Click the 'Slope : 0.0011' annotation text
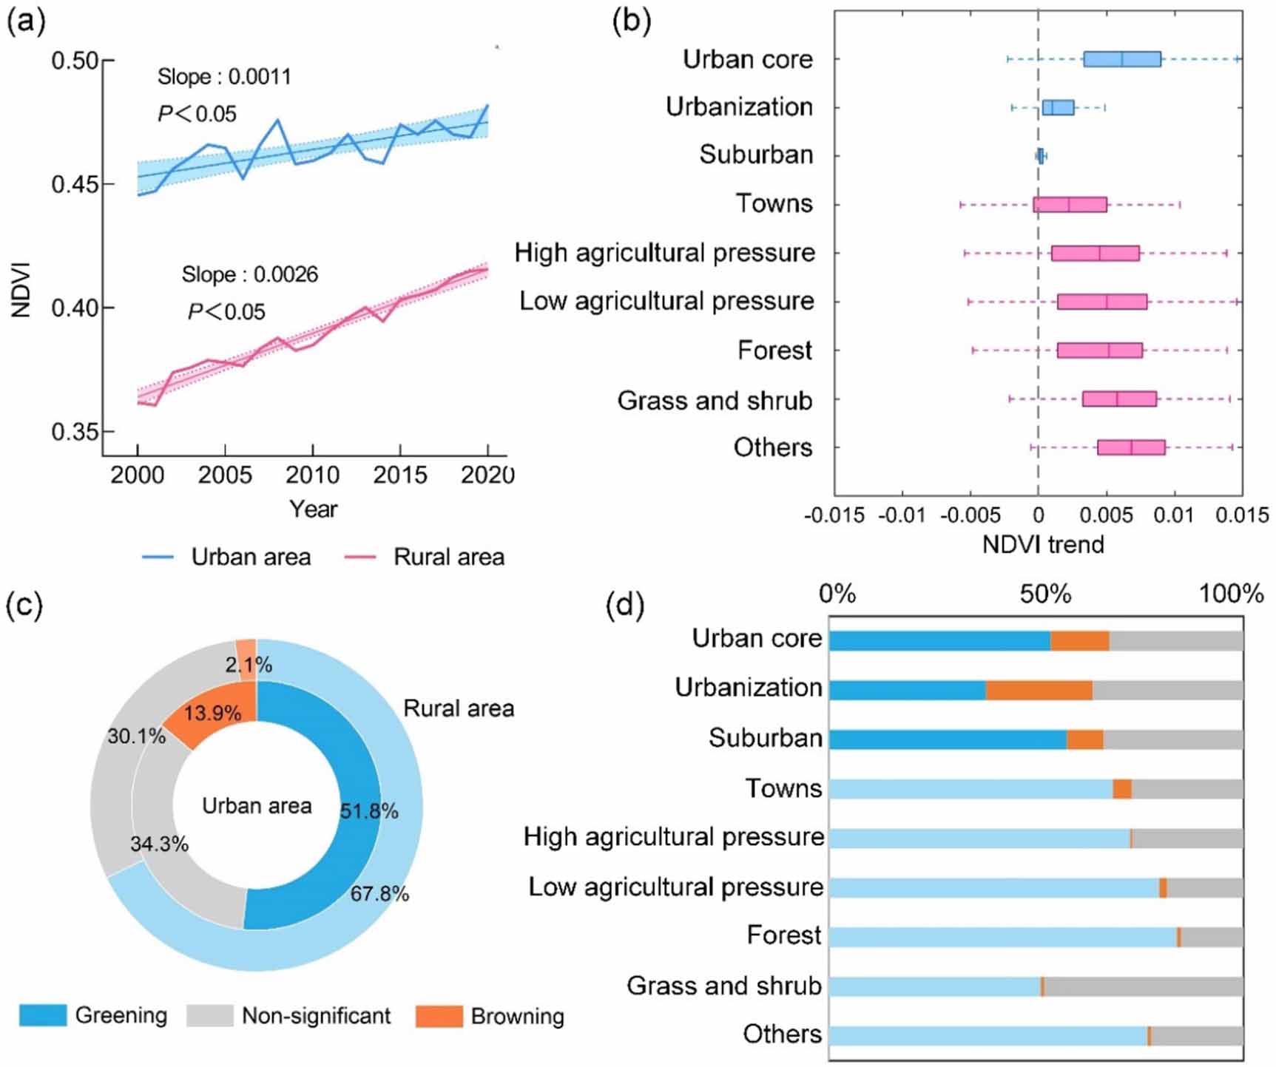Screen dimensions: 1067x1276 point(224,77)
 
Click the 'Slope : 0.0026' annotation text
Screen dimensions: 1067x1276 point(249,275)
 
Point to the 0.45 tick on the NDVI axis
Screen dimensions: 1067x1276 point(75,184)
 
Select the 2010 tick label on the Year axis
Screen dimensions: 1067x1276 point(312,475)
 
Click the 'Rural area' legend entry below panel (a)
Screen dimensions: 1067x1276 point(448,558)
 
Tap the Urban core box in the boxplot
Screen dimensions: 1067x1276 point(1121,60)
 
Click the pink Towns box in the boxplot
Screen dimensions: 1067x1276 point(1070,205)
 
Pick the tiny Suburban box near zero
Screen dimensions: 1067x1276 point(1041,156)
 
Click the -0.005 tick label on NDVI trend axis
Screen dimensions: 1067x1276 point(970,515)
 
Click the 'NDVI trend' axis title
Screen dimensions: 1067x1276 point(1042,545)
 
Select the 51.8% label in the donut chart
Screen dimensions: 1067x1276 point(369,812)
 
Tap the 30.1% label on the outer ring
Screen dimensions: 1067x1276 point(137,736)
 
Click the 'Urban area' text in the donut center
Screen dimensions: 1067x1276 point(257,806)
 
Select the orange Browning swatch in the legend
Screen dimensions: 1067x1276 point(439,1016)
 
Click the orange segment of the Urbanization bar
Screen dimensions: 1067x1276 point(1039,690)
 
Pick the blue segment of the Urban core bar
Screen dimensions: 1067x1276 point(939,641)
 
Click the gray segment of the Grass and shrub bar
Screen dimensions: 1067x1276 point(1143,986)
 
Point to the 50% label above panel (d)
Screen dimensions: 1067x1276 point(1045,594)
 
